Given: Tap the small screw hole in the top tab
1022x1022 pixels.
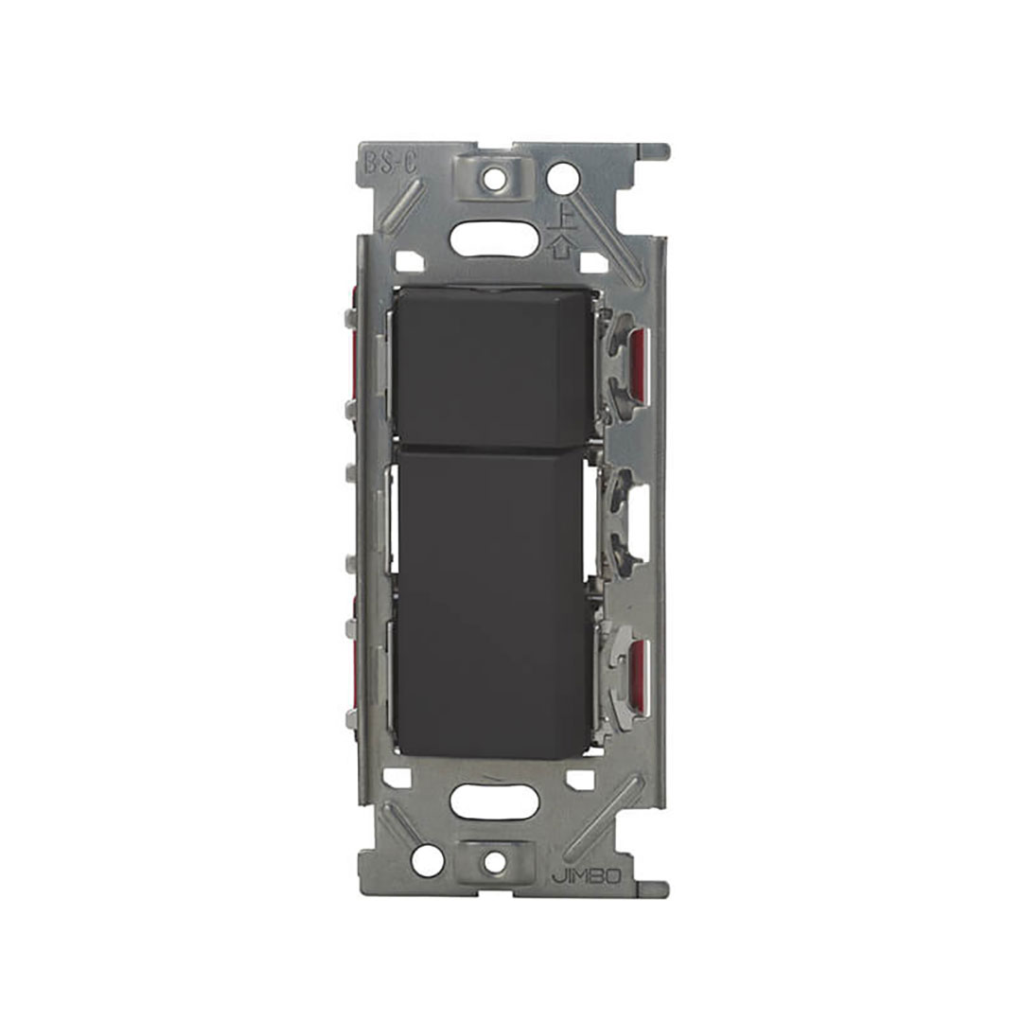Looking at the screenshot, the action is click(x=497, y=175).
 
